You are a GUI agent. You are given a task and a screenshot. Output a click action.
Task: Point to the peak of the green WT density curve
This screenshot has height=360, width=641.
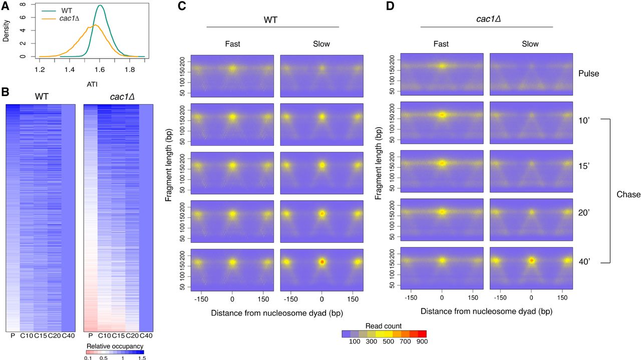(x=101, y=6)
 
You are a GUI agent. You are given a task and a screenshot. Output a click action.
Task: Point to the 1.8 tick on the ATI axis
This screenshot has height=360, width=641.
(x=130, y=70)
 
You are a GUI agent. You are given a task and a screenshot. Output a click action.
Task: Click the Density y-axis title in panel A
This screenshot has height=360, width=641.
(x=6, y=31)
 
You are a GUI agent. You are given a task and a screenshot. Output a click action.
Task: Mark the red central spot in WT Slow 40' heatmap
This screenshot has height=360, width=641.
(x=322, y=262)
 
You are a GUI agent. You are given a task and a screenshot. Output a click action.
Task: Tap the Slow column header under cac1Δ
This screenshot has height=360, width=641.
(x=530, y=44)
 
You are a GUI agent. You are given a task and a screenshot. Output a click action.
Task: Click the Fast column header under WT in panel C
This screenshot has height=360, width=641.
(x=232, y=44)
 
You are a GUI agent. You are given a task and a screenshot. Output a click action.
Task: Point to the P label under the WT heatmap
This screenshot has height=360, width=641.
(x=12, y=335)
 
